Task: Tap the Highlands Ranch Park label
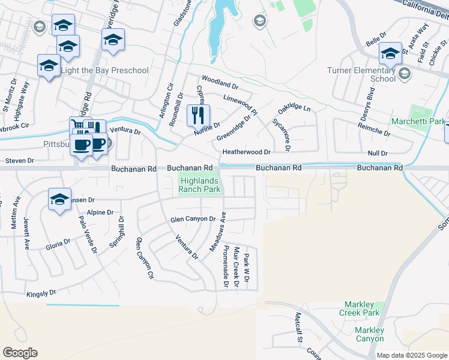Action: pos(200,184)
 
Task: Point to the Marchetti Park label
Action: pos(417,121)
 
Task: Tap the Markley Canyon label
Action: pos(369,334)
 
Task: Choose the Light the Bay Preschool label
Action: pos(104,70)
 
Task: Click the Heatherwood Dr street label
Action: pos(247,152)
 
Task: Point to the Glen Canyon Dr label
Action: pos(193,220)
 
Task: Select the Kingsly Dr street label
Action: pos(41,294)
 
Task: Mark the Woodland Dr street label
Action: pos(220,79)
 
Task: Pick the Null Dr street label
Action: pos(378,154)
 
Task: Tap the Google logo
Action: pos(20,353)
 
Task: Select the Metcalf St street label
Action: pos(298,327)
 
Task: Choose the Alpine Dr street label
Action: pos(100,212)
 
